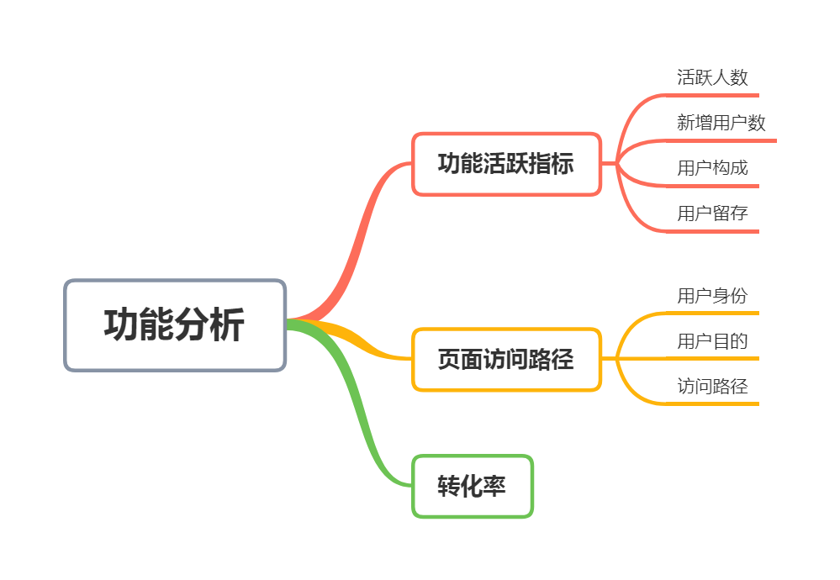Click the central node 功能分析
pos(175,325)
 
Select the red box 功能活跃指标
pos(506,164)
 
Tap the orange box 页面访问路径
pos(506,360)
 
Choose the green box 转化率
pos(473,486)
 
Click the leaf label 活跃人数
pos(712,77)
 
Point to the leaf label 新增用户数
pos(721,123)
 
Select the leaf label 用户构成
pos(712,167)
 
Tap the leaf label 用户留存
pos(712,213)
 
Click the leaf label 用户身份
pos(712,295)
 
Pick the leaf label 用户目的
pos(712,340)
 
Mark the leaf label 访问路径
pos(712,386)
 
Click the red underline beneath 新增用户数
pos(723,140)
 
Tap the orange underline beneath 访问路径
pos(715,403)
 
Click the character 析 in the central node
pos(227,325)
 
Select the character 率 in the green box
pos(495,486)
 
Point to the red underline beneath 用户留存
pos(715,230)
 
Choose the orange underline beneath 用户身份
pos(715,313)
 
